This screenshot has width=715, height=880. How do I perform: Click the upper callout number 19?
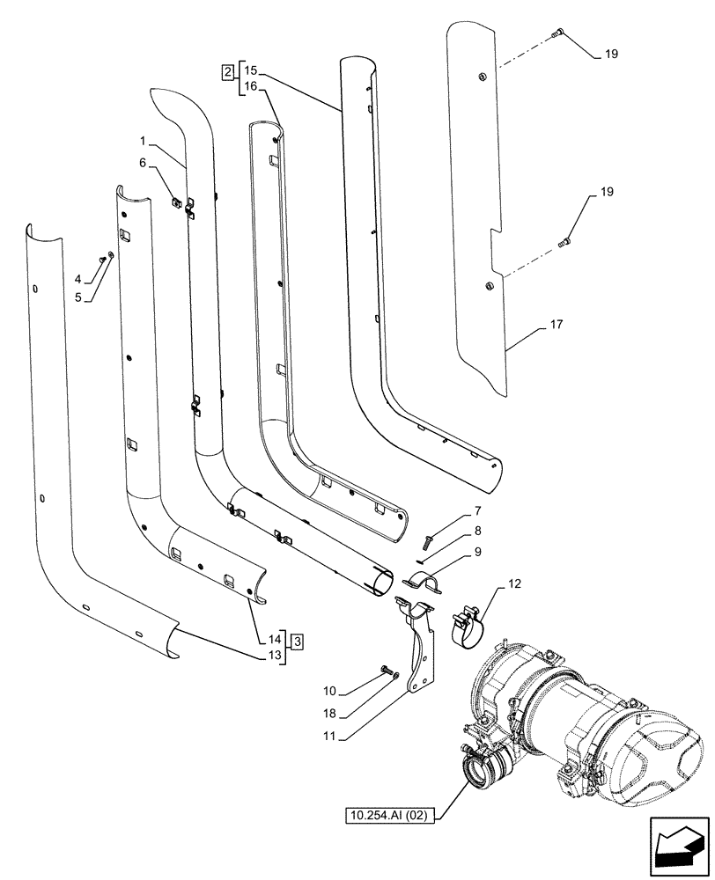coord(610,55)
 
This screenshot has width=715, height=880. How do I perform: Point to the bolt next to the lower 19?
coord(565,241)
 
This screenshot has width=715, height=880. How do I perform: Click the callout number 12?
coord(513,583)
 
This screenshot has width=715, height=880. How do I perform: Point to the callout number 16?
coord(251,86)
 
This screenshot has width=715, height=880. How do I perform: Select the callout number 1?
coord(142,142)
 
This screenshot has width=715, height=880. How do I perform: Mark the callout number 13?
coord(276,656)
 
